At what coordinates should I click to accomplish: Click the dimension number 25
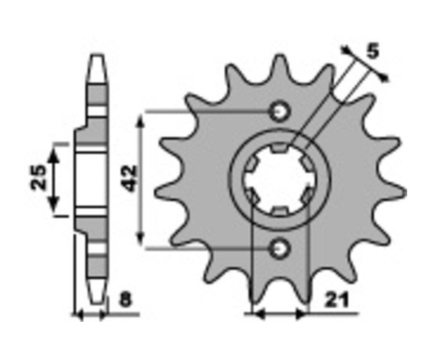pyautogui.click(x=38, y=177)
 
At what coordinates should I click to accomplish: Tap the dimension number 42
pyautogui.click(x=130, y=179)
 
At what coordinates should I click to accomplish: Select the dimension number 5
pyautogui.click(x=373, y=51)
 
